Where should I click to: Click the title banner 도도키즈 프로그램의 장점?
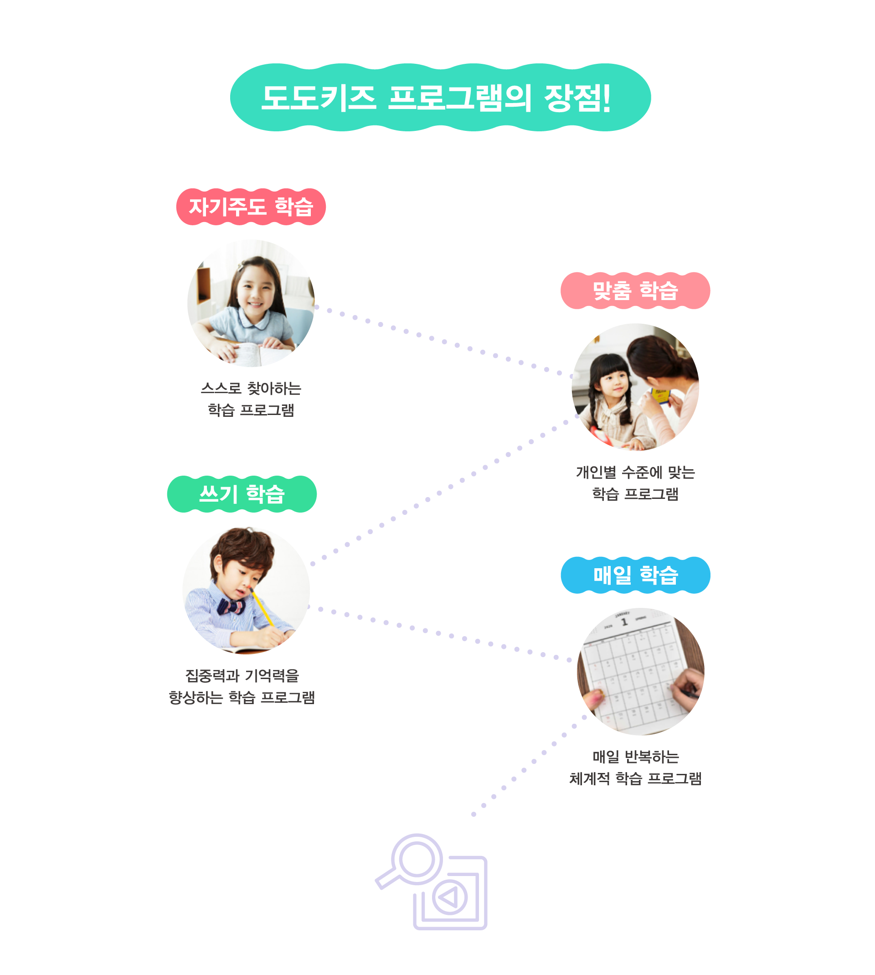pyautogui.click(x=440, y=98)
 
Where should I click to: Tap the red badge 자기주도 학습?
pyautogui.click(x=251, y=207)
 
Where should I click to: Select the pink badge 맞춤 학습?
pyautogui.click(x=635, y=290)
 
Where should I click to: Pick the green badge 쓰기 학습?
pyautogui.click(x=242, y=494)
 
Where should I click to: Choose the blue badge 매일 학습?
pyautogui.click(x=635, y=575)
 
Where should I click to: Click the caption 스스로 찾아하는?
pyautogui.click(x=251, y=389)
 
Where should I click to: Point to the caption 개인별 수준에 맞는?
pyautogui.click(x=635, y=472)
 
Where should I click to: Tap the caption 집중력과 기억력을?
pyautogui.click(x=242, y=676)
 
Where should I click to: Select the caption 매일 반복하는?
pyautogui.click(x=635, y=757)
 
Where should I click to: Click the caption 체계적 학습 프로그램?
pyautogui.click(x=635, y=778)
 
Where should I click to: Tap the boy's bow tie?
pyautogui.click(x=231, y=607)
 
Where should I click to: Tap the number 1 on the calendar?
pyautogui.click(x=624, y=622)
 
